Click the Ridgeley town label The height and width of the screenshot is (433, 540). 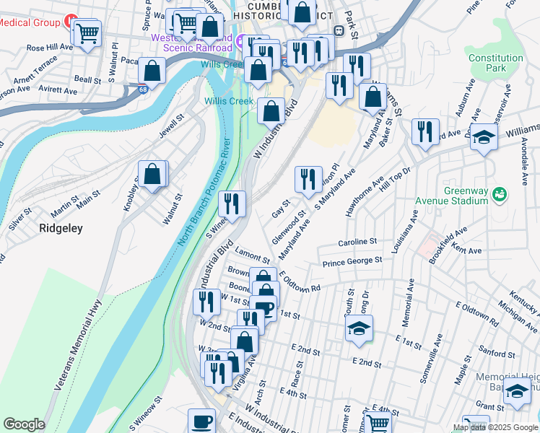[x=61, y=228]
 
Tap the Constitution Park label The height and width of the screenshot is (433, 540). [x=495, y=63]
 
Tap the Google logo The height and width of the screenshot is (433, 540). [x=25, y=424]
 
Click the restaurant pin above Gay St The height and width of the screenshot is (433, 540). [x=308, y=180]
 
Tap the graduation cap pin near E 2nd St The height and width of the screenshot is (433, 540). [x=359, y=328]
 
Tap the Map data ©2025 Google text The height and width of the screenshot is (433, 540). [x=495, y=427]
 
